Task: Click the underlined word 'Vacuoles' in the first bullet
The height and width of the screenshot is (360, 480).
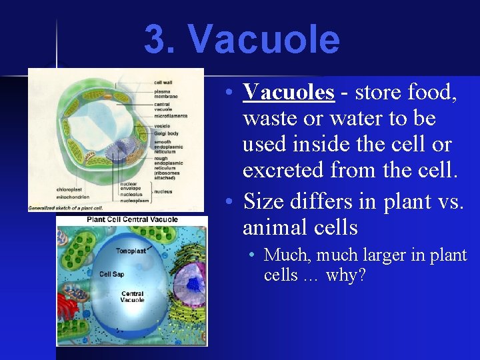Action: coord(288,92)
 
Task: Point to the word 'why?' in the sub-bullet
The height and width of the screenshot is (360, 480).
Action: coord(345,275)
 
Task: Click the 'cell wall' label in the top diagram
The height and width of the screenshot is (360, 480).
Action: coord(163,82)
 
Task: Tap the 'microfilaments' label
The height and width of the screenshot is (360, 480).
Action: coord(171,115)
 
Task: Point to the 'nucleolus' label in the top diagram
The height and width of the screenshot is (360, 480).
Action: coord(131,194)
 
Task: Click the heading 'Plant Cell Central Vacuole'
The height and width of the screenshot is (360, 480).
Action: coord(132,219)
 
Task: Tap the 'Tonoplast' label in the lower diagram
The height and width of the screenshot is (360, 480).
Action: coord(131,251)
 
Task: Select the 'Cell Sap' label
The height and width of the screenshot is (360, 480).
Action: coord(111,274)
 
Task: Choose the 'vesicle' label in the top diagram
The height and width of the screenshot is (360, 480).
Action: coord(162,126)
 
